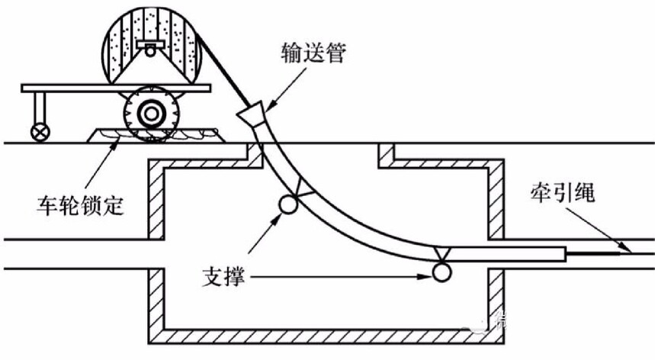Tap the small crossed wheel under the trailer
tap(36, 130)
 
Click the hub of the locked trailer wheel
tap(150, 115)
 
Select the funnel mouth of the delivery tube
tap(252, 114)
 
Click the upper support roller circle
tap(287, 204)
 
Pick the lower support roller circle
tap(440, 272)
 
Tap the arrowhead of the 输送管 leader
tap(264, 104)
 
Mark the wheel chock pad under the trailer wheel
tap(153, 135)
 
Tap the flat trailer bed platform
tap(114, 88)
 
